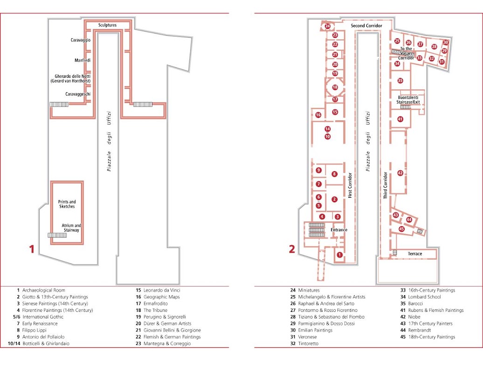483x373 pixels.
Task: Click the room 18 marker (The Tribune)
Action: (x=335, y=87)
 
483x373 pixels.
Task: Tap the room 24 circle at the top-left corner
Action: (x=327, y=26)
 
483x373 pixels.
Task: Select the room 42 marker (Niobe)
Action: (x=400, y=173)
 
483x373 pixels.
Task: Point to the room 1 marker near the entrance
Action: (x=339, y=255)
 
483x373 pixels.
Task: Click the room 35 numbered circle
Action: (x=400, y=81)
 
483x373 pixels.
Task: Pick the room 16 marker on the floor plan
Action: (x=318, y=115)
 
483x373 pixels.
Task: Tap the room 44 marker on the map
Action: (x=409, y=220)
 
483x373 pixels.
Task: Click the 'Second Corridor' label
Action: (x=366, y=26)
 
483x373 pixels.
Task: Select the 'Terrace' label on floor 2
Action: (x=415, y=254)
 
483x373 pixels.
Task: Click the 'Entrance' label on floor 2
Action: (x=339, y=230)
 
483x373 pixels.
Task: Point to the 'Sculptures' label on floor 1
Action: (x=108, y=25)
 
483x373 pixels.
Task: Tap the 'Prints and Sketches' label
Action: (x=67, y=204)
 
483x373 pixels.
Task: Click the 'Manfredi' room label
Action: (x=83, y=60)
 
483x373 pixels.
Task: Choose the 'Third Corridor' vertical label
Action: (x=385, y=185)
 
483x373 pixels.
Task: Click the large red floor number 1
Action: (x=31, y=249)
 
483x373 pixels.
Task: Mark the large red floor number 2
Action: (x=292, y=249)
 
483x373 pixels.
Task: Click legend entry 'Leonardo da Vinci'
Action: (x=162, y=290)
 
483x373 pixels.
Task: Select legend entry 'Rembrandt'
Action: (x=420, y=330)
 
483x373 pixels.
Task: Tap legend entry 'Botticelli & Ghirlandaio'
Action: (x=46, y=344)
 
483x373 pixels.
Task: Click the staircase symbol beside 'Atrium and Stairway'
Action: (x=57, y=235)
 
